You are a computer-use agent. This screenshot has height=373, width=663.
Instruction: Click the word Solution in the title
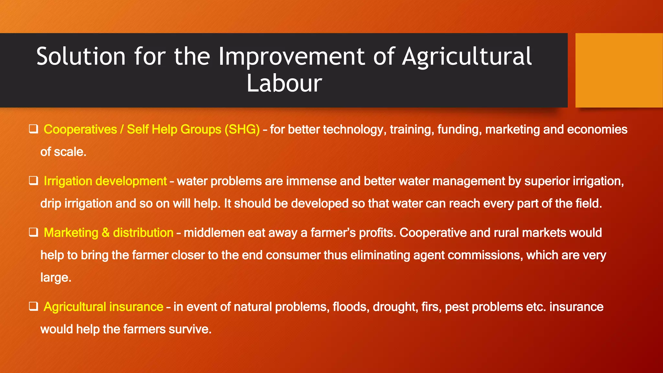[x=81, y=57]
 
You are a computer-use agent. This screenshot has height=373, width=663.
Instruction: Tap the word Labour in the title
[x=284, y=84]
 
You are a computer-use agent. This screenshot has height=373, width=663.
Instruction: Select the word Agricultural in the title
[x=467, y=57]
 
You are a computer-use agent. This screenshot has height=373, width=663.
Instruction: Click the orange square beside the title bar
[x=619, y=70]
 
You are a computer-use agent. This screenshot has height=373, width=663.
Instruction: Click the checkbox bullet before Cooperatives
[x=33, y=129]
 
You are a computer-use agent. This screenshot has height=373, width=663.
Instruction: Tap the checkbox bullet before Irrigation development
[x=33, y=181]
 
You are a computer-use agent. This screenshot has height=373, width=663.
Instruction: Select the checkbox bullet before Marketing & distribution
[x=33, y=232]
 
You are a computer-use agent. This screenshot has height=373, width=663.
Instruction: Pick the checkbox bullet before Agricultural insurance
[x=33, y=306]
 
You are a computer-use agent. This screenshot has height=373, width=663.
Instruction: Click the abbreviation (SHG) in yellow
[x=242, y=130]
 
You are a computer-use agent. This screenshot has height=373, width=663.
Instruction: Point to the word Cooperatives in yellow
[x=80, y=130]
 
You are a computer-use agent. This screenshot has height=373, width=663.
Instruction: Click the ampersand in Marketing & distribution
[x=106, y=233]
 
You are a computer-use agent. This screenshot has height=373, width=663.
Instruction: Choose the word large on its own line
[x=55, y=278]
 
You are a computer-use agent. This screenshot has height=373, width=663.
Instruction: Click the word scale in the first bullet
[x=70, y=152]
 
